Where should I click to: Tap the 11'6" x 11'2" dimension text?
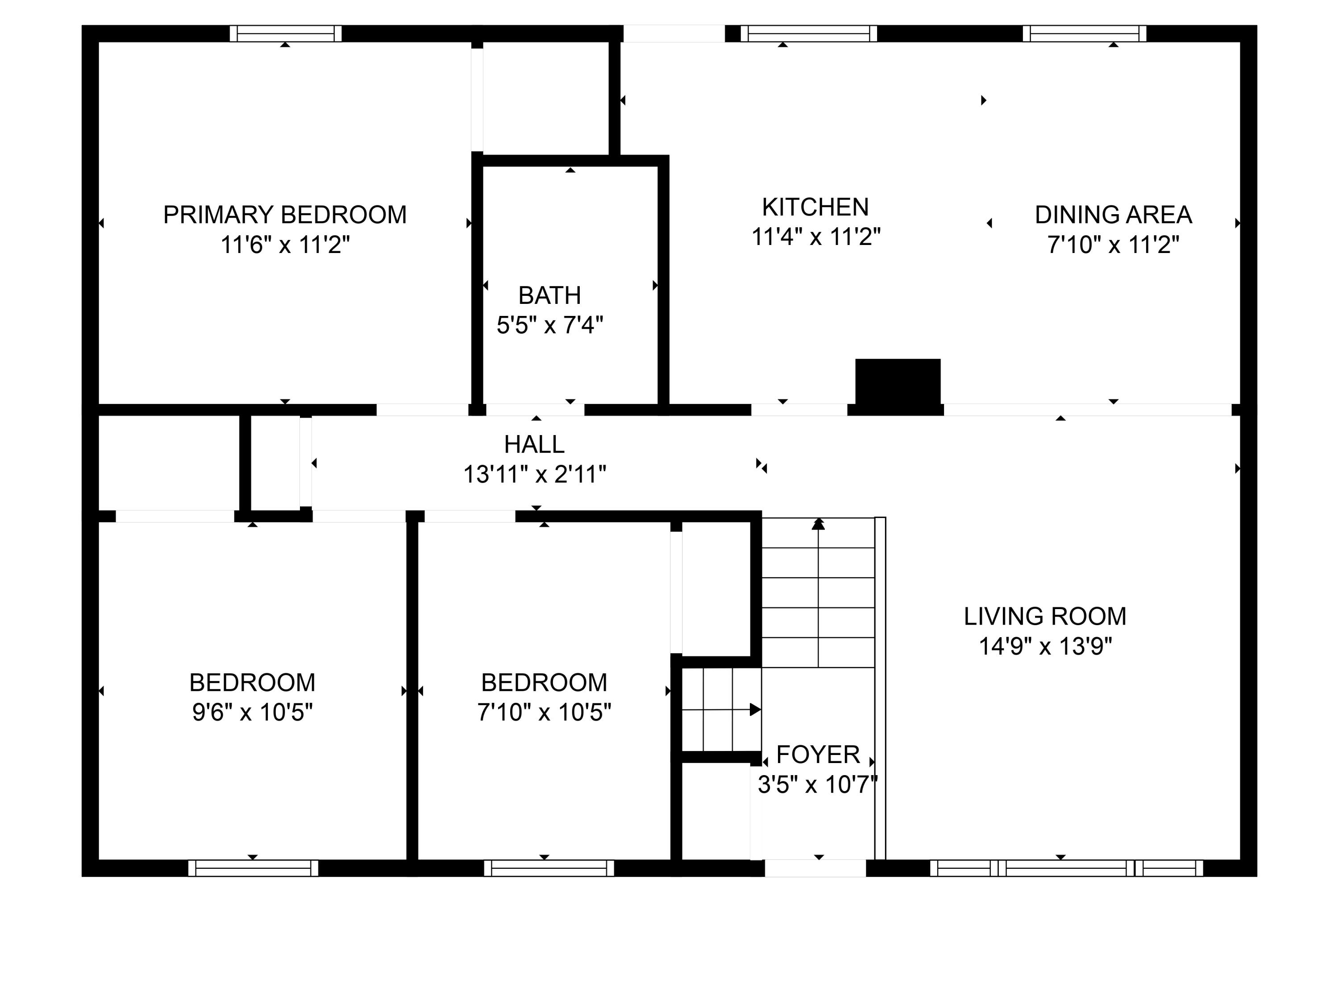(x=285, y=245)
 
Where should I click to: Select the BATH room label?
(x=549, y=295)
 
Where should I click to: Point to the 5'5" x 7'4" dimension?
(x=549, y=326)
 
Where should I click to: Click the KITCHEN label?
(x=815, y=207)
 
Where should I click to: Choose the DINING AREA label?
(x=1113, y=215)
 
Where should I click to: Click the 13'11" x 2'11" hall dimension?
(x=535, y=474)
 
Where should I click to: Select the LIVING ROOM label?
(x=1045, y=617)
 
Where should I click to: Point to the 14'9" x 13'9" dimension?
(x=1045, y=646)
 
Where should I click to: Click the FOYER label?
(x=818, y=755)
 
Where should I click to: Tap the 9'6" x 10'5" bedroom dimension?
(x=253, y=712)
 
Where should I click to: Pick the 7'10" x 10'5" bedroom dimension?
(x=544, y=712)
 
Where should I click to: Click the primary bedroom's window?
(x=286, y=33)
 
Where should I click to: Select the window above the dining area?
(x=1085, y=33)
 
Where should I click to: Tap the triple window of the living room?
(x=1067, y=868)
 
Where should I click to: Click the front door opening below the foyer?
(x=815, y=868)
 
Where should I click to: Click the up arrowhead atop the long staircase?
(x=819, y=524)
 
